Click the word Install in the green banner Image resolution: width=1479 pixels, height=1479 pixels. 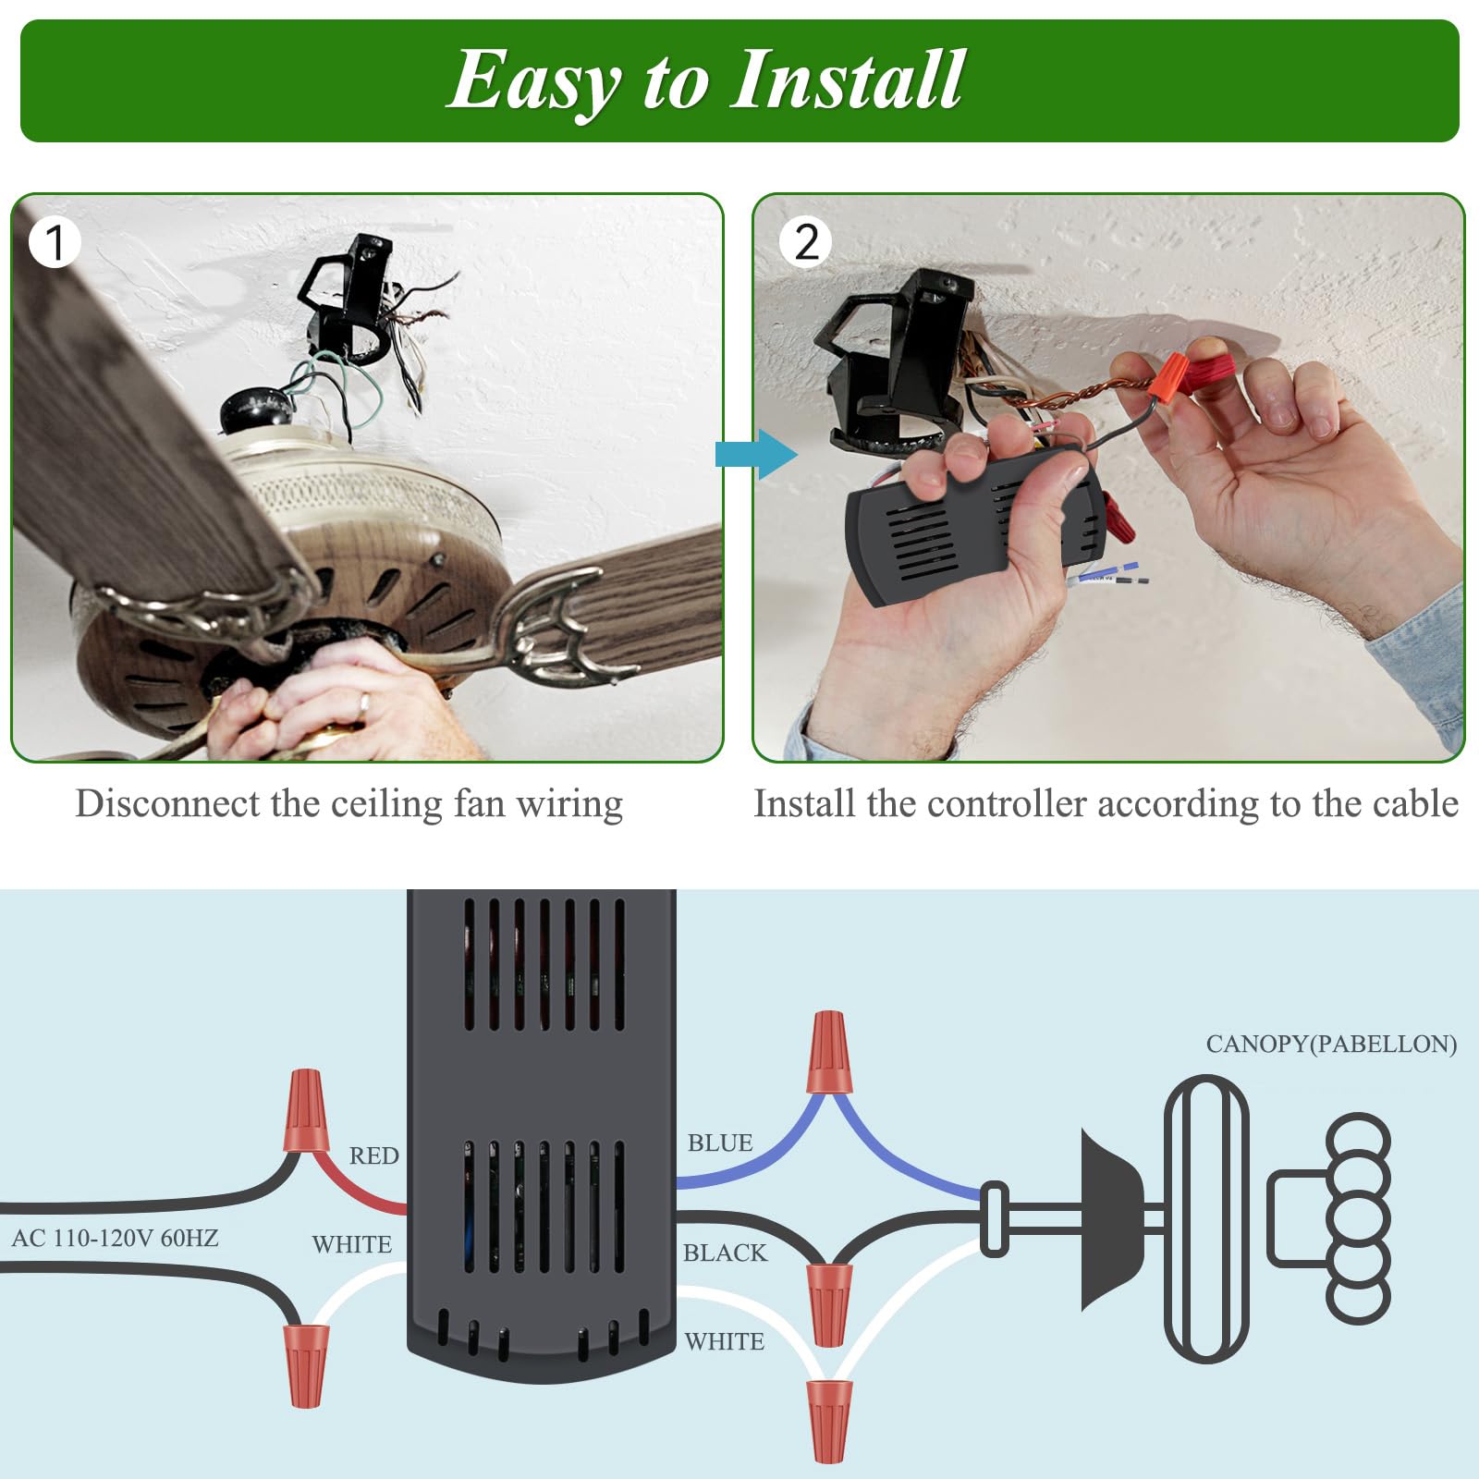pyautogui.click(x=847, y=79)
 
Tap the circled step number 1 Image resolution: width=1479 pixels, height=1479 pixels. pyautogui.click(x=55, y=242)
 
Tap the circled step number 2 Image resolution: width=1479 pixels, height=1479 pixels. pyautogui.click(x=806, y=242)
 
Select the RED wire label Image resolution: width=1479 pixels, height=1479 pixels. pyautogui.click(x=373, y=1155)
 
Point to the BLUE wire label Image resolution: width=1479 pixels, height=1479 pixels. pyautogui.click(x=719, y=1143)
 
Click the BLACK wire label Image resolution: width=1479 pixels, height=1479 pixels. pyautogui.click(x=725, y=1253)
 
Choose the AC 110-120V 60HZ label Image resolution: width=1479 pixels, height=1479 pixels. pyautogui.click(x=115, y=1238)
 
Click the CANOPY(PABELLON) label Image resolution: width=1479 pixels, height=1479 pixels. pyautogui.click(x=1331, y=1045)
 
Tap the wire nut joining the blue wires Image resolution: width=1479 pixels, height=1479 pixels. pyautogui.click(x=828, y=1054)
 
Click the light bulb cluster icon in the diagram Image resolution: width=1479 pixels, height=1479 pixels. pyautogui.click(x=1357, y=1218)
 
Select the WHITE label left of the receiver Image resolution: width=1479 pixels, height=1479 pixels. pyautogui.click(x=351, y=1245)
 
